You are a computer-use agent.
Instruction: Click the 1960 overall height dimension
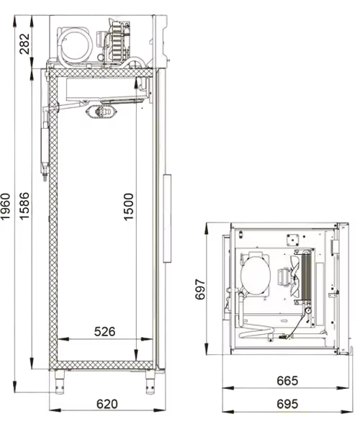tap(6, 207)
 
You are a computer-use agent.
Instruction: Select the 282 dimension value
tap(24, 43)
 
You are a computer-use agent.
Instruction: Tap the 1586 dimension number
tap(24, 206)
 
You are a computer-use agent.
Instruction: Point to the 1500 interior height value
tap(128, 207)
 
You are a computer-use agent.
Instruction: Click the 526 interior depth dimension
tap(104, 331)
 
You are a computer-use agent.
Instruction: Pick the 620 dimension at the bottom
tap(107, 404)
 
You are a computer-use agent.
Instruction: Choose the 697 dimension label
tap(200, 289)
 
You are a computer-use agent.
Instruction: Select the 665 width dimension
tap(287, 381)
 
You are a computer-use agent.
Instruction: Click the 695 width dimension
tap(287, 404)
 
